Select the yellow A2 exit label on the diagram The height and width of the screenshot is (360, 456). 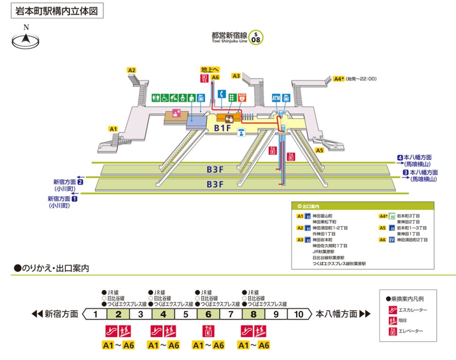pos(132,70)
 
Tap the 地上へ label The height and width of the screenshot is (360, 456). pos(210,70)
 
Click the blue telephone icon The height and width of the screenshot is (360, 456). pos(222,94)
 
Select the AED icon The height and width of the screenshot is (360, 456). pos(242,97)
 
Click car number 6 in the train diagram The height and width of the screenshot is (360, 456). pos(208,314)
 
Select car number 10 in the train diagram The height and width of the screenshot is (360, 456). pos(298,314)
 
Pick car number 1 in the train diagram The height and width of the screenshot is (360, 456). pos(96,314)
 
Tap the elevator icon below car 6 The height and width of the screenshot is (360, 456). pos(208,331)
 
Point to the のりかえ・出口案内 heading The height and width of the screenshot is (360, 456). pos(51,268)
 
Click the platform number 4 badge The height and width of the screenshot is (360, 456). pos(399,158)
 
